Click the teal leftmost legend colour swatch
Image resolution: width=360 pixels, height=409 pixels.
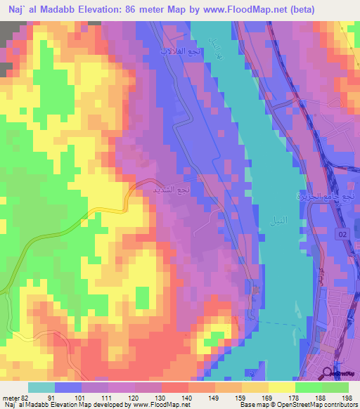(x=41, y=387)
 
